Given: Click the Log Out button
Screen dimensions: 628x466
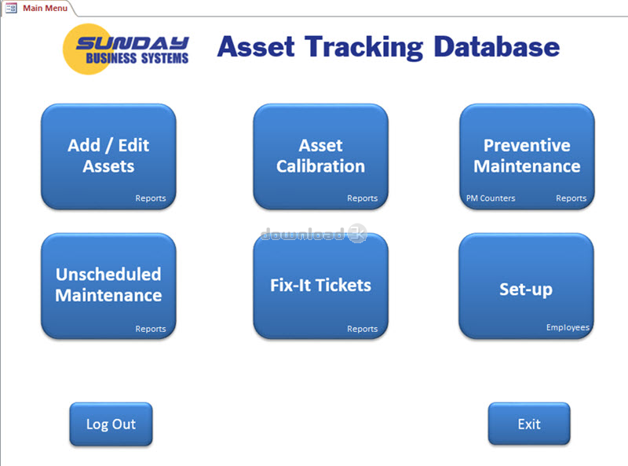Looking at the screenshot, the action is pyautogui.click(x=111, y=424).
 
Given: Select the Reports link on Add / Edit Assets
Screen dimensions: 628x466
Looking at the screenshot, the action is pyautogui.click(x=151, y=198).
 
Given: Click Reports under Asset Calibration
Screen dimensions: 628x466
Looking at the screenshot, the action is pyautogui.click(x=363, y=198).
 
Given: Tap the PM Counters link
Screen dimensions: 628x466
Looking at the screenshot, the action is pyautogui.click(x=491, y=198).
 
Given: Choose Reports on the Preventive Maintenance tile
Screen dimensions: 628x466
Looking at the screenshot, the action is pyautogui.click(x=571, y=198).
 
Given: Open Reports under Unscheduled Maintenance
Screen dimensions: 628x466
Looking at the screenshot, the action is pyautogui.click(x=151, y=329).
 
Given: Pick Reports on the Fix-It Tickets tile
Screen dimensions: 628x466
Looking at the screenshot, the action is pyautogui.click(x=363, y=329).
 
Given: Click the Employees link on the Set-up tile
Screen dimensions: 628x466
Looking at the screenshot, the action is pyautogui.click(x=568, y=327).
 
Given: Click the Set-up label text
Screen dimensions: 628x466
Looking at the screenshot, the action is pyautogui.click(x=526, y=289).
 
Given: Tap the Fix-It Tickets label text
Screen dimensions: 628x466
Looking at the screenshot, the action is pyautogui.click(x=321, y=285).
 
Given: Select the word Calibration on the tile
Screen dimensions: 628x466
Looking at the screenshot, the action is pyautogui.click(x=321, y=166).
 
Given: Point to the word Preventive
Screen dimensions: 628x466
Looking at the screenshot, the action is pyautogui.click(x=527, y=145).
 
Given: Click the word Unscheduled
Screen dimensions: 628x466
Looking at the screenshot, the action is pyautogui.click(x=108, y=275).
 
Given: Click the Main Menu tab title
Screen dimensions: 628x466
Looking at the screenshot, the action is pyautogui.click(x=45, y=8).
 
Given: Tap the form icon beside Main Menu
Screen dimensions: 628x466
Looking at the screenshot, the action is pyautogui.click(x=11, y=8).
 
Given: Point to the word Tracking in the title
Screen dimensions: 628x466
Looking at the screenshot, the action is pyautogui.click(x=363, y=48).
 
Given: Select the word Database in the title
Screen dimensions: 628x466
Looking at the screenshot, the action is pyautogui.click(x=497, y=46).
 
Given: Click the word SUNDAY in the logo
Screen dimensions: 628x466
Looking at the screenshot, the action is pyautogui.click(x=133, y=43).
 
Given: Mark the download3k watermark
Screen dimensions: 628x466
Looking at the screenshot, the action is pyautogui.click(x=313, y=233).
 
